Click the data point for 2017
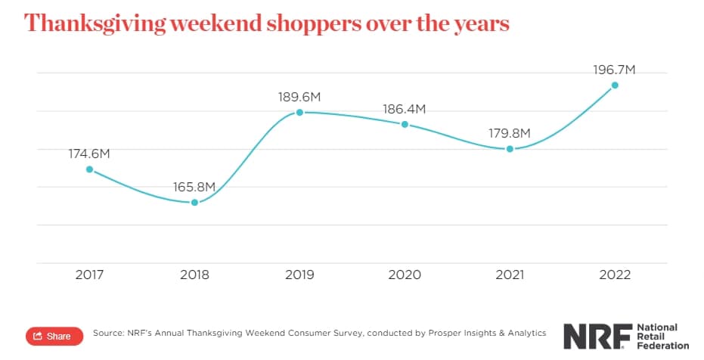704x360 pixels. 89,169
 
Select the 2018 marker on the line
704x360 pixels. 194,203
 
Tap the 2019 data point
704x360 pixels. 299,112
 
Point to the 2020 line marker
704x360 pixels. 405,124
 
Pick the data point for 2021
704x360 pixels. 510,149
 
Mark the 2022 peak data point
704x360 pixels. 615,85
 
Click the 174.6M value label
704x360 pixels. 89,154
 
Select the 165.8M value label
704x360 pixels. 194,187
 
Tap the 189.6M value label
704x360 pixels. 299,96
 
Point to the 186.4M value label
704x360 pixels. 405,109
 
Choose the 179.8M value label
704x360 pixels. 510,134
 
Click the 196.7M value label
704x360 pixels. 615,70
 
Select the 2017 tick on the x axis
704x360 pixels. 89,275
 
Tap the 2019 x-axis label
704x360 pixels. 299,275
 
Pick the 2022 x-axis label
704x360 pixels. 615,275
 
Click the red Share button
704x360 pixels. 54,336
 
